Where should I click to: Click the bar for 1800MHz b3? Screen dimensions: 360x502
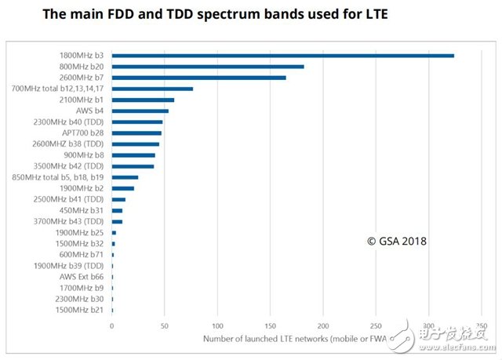click(x=282, y=56)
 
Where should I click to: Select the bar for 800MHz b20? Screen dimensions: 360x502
click(x=207, y=67)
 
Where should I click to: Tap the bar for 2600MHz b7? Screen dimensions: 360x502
click(x=198, y=78)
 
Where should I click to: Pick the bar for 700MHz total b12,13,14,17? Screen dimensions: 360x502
click(x=152, y=89)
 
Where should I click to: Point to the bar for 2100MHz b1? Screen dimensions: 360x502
click(x=143, y=100)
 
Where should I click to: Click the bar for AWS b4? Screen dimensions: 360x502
click(x=140, y=111)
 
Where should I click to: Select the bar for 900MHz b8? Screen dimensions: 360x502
click(x=133, y=155)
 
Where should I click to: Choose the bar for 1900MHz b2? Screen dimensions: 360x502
click(x=123, y=188)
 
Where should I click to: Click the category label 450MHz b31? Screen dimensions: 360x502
click(x=83, y=211)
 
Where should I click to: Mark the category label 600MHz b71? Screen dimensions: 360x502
click(x=83, y=255)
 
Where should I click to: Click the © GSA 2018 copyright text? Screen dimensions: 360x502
click(x=396, y=242)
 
